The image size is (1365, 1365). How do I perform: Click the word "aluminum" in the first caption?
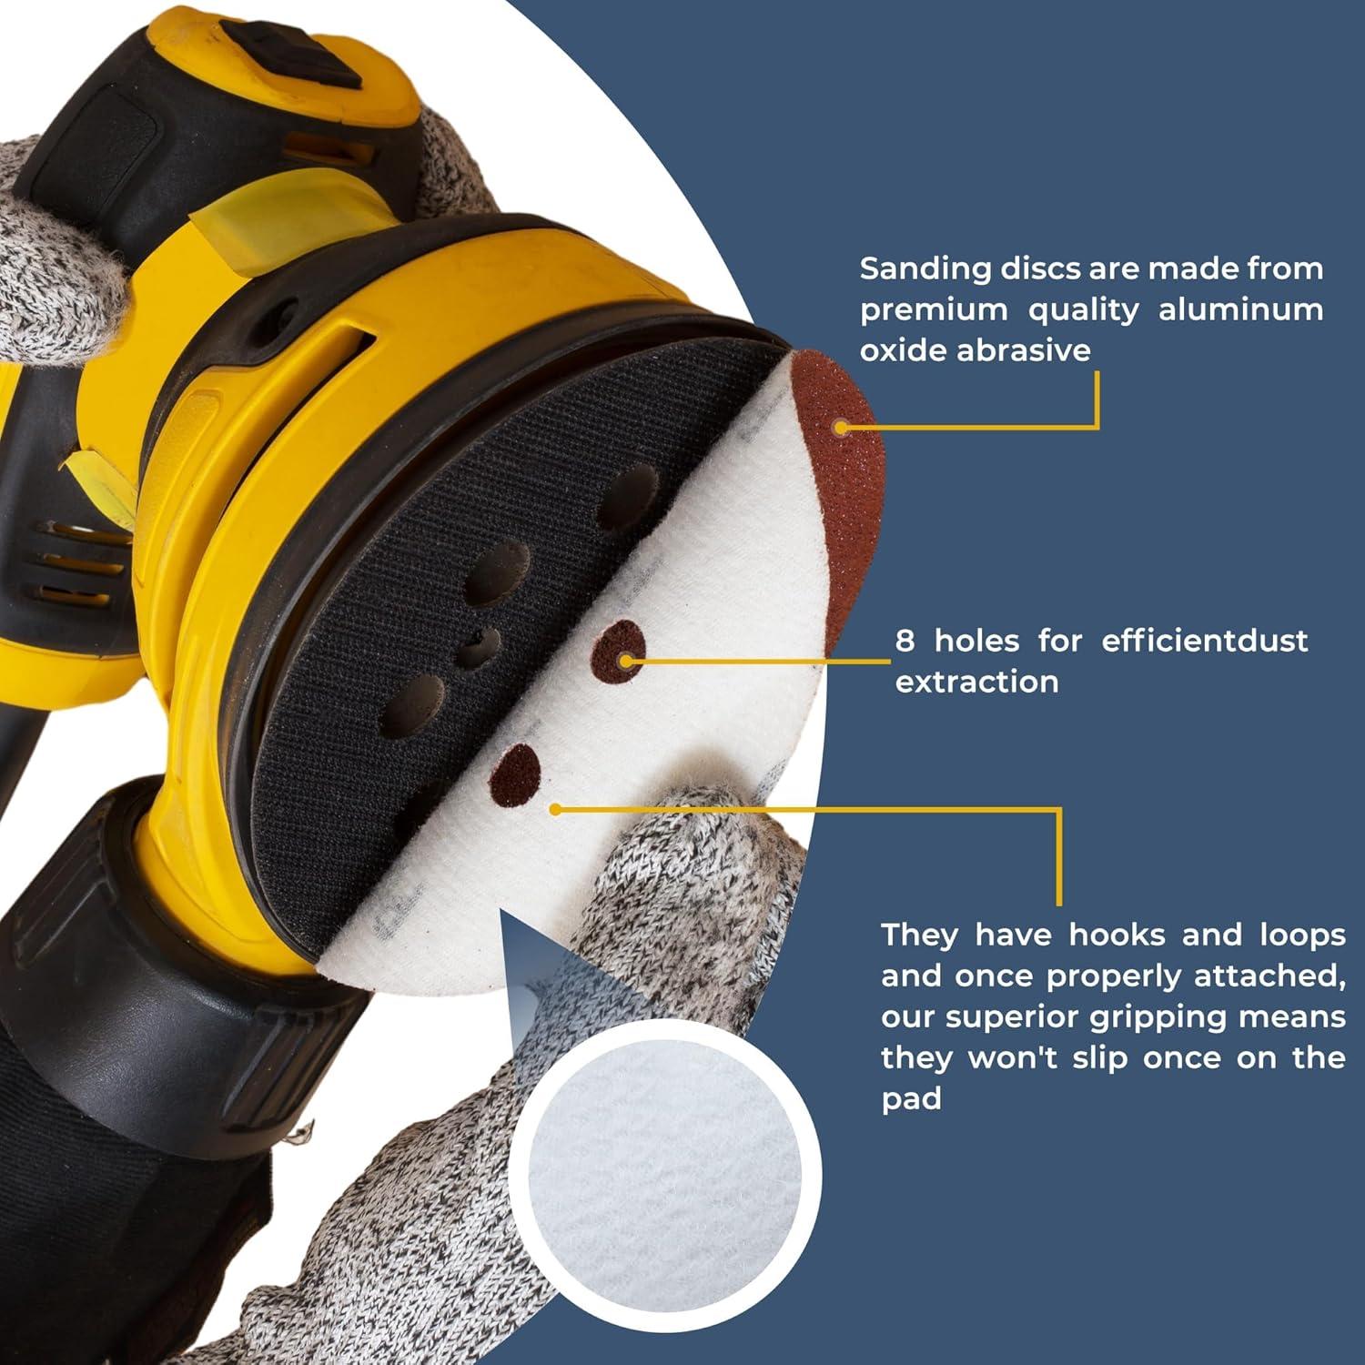(1240, 309)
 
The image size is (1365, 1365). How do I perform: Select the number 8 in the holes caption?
(905, 641)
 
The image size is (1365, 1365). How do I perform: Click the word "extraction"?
(976, 682)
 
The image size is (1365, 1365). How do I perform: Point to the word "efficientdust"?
(1204, 641)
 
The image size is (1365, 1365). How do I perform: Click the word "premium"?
(934, 309)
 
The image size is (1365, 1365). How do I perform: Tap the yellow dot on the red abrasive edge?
(841, 427)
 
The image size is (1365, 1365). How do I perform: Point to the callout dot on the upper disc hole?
(626, 661)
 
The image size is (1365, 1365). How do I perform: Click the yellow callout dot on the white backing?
(556, 808)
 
